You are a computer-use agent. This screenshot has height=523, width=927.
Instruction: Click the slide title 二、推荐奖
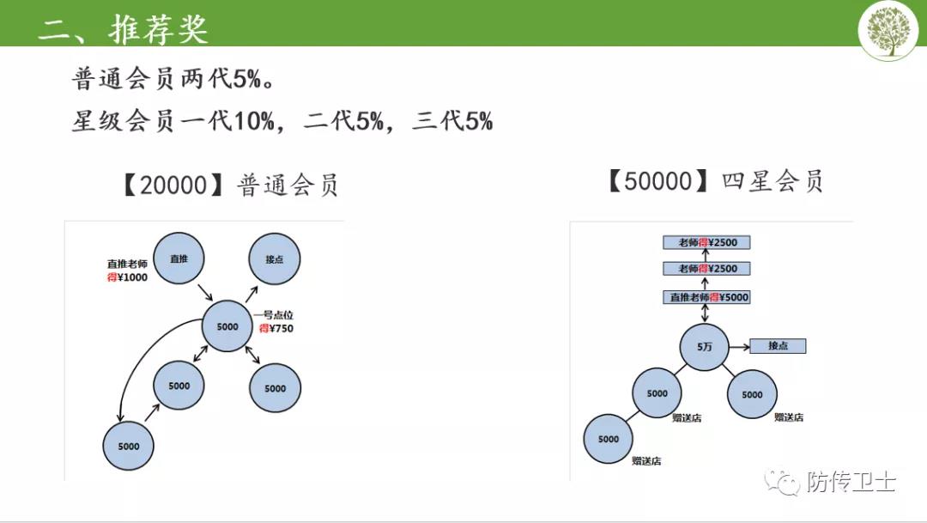(x=124, y=27)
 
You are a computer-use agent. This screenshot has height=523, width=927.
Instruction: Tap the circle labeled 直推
(x=179, y=258)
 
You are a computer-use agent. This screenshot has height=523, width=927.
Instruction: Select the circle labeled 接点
(x=275, y=259)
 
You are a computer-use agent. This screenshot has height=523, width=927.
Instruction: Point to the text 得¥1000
(x=128, y=277)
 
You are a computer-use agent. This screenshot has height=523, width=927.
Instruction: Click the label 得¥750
(x=276, y=328)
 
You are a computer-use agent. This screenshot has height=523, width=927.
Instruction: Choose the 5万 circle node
(x=704, y=347)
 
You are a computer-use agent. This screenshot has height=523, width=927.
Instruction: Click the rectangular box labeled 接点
(x=778, y=346)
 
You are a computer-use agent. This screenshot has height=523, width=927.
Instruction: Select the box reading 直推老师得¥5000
(x=706, y=297)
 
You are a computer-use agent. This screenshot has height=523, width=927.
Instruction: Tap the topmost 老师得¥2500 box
(x=706, y=242)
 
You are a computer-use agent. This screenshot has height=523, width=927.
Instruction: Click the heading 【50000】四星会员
(x=714, y=181)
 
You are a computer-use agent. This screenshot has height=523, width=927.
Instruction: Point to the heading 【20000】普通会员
(x=229, y=185)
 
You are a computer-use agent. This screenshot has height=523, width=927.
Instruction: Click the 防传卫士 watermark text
(x=852, y=482)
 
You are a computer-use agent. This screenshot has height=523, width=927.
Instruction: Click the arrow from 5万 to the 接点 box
(x=740, y=347)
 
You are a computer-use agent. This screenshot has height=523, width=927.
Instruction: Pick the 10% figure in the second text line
(x=255, y=121)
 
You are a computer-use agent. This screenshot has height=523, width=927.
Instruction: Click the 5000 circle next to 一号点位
(x=227, y=326)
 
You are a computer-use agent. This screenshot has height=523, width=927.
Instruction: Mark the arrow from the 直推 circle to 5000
(x=205, y=292)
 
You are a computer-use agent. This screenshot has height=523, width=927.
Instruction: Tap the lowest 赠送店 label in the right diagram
(x=646, y=461)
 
